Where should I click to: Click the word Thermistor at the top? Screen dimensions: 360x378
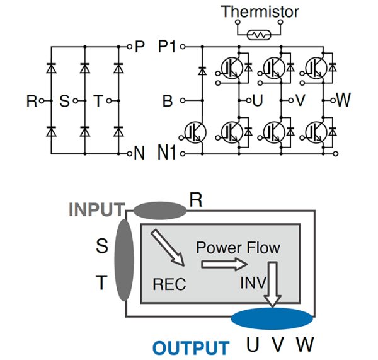pos(259,11)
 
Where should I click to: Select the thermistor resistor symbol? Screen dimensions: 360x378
pos(258,35)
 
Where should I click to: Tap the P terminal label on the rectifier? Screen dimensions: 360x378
pos(140,47)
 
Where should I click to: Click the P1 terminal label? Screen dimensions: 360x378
pos(168,47)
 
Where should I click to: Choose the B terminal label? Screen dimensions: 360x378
pos(167,100)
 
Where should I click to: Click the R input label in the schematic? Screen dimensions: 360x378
pos(31,100)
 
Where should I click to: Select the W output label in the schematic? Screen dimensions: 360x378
pos(343,100)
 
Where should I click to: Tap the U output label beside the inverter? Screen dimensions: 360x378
pos(257,100)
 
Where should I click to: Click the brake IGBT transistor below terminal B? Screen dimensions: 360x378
pos(196,131)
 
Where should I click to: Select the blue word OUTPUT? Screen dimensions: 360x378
pos(190,347)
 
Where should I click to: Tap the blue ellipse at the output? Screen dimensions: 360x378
pos(272,318)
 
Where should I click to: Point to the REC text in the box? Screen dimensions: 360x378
pos(169,284)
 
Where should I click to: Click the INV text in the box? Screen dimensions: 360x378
pos(252,281)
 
